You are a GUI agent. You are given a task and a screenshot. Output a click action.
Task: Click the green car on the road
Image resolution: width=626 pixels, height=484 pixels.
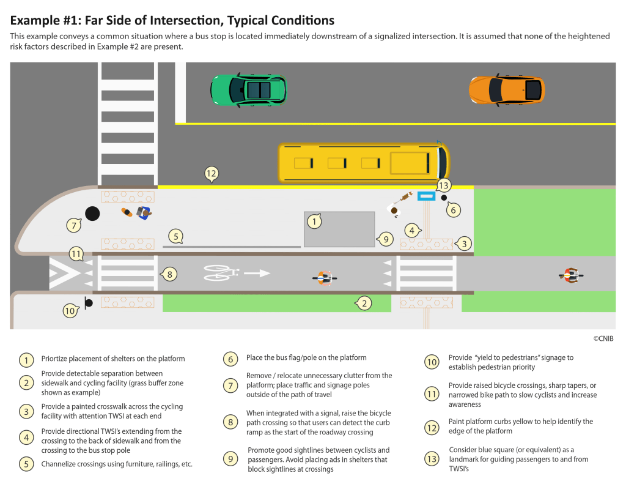pyautogui.click(x=248, y=89)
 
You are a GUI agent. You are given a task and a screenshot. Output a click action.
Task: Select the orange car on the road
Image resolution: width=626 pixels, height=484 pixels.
pyautogui.click(x=506, y=89)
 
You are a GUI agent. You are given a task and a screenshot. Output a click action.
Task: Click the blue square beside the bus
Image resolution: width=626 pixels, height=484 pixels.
pyautogui.click(x=426, y=196)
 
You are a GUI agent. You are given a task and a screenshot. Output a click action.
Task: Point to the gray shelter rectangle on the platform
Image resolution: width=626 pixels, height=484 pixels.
pyautogui.click(x=339, y=229)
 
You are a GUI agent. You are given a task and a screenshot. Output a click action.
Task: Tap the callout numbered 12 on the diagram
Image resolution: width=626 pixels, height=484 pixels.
pyautogui.click(x=211, y=174)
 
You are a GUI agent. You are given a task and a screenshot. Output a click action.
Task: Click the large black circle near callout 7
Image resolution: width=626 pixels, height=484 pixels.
pyautogui.click(x=92, y=214)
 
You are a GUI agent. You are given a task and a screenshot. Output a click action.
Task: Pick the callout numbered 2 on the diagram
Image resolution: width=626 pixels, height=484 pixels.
pyautogui.click(x=364, y=302)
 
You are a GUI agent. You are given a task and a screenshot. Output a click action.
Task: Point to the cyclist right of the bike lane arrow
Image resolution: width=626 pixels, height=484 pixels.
pyautogui.click(x=325, y=278)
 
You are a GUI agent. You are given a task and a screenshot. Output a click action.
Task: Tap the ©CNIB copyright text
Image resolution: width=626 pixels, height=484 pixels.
pyautogui.click(x=603, y=338)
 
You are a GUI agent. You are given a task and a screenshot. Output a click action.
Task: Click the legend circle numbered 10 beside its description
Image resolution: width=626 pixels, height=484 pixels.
pyautogui.click(x=432, y=362)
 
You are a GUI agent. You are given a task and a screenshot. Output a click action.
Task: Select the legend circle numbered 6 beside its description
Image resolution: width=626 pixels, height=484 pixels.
pyautogui.click(x=230, y=359)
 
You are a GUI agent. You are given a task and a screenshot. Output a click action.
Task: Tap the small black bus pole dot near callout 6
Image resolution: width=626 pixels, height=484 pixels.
pyautogui.click(x=444, y=197)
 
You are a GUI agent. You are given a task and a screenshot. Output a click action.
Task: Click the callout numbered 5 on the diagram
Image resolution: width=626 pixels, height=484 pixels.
pyautogui.click(x=175, y=236)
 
